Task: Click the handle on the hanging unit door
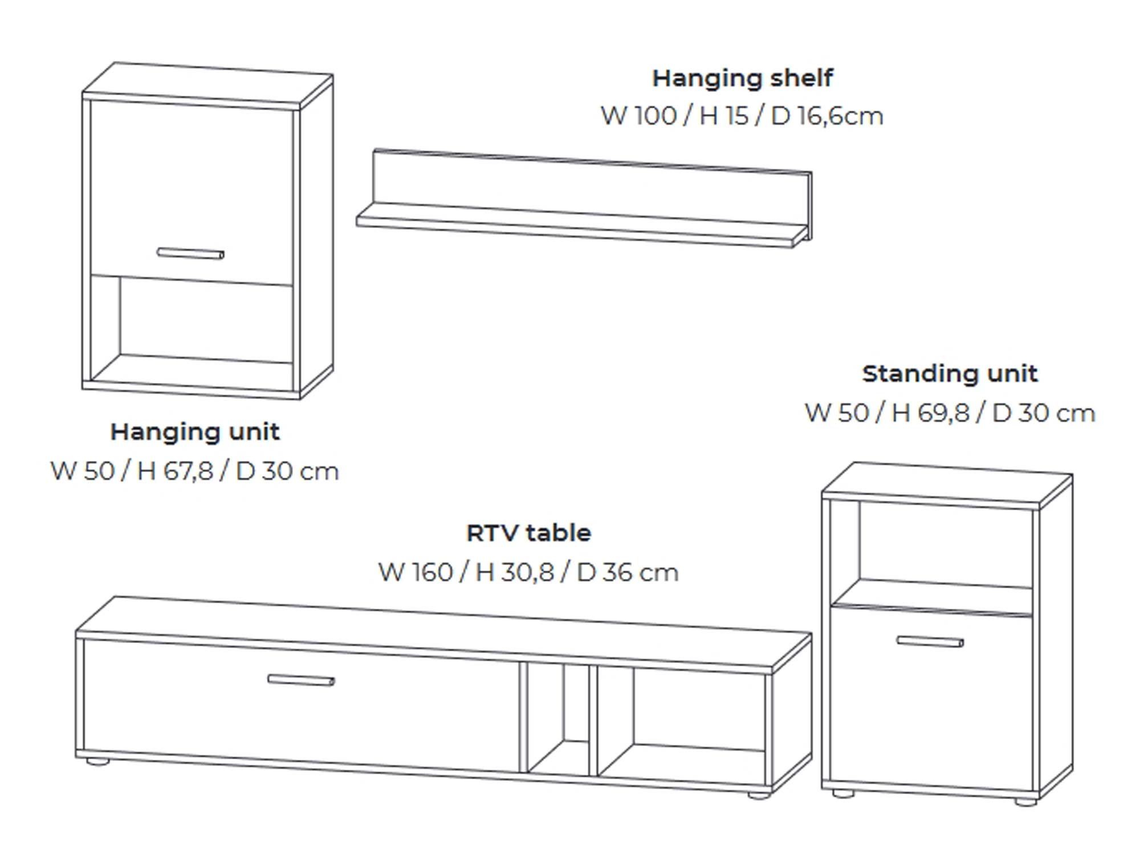pos(190,253)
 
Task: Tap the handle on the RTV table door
pos(301,680)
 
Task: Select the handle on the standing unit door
pos(930,642)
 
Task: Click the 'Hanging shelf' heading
pos(742,78)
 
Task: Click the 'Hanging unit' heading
pos(195,431)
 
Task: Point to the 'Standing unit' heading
pos(950,374)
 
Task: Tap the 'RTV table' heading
pos(528,533)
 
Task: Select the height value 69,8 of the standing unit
pos(943,413)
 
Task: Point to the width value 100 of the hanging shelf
pos(655,116)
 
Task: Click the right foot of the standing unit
pos(1026,801)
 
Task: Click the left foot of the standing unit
pos(844,793)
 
